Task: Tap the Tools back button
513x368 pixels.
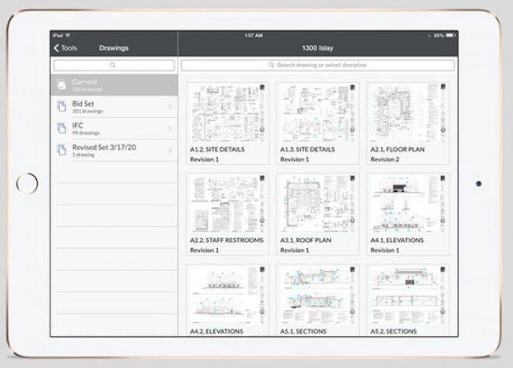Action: pos(66,48)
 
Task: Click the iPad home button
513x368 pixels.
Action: pos(27,183)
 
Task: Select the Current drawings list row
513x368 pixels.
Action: pos(114,84)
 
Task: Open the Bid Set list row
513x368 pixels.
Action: pos(114,106)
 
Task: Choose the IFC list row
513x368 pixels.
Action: pos(114,128)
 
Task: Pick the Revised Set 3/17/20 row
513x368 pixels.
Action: pos(114,150)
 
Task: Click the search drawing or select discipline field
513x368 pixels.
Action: pos(317,65)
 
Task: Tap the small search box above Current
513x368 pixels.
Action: pos(114,65)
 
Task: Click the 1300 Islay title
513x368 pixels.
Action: pos(317,48)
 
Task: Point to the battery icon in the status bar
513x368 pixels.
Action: pos(451,35)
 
